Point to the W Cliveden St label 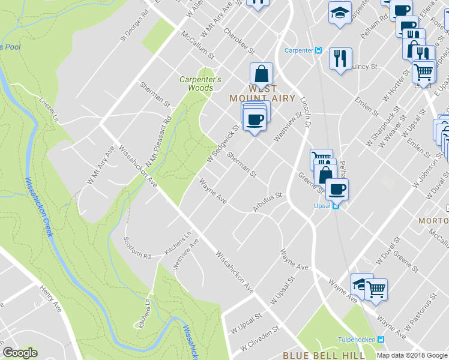(x=261, y=339)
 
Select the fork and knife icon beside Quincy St (x=340, y=58)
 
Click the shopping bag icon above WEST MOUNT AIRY (x=261, y=74)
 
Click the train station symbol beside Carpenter (x=319, y=50)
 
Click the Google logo (x=20, y=353)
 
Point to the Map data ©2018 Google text (x=412, y=355)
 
